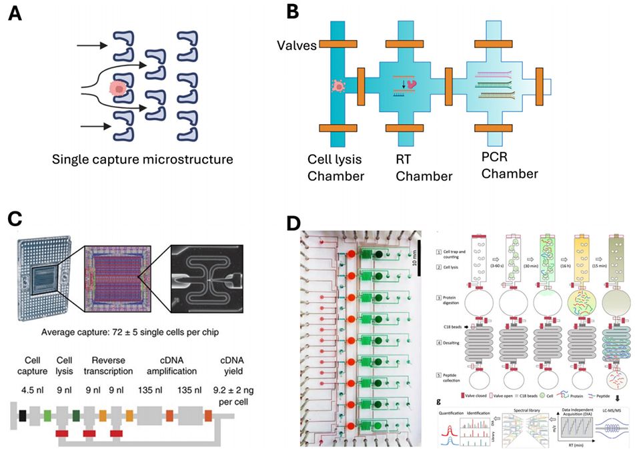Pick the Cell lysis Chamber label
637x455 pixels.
(x=336, y=168)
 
